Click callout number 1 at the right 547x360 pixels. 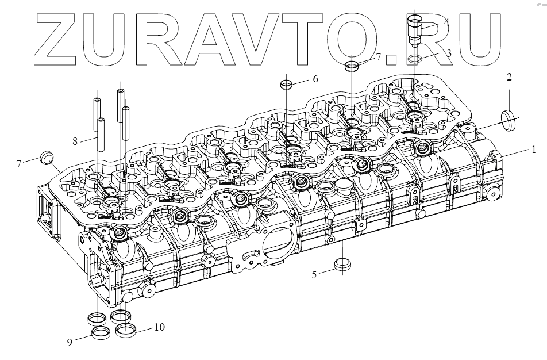534,150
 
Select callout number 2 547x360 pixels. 509,78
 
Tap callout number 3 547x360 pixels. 449,53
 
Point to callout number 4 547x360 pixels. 446,23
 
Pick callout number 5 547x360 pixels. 314,274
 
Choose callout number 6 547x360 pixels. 315,79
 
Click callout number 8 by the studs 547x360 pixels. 75,140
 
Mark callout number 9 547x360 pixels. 70,342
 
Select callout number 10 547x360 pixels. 159,327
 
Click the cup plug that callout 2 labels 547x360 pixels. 509,118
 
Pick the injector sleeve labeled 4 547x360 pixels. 415,28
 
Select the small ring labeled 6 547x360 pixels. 287,85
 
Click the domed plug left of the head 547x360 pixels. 48,158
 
